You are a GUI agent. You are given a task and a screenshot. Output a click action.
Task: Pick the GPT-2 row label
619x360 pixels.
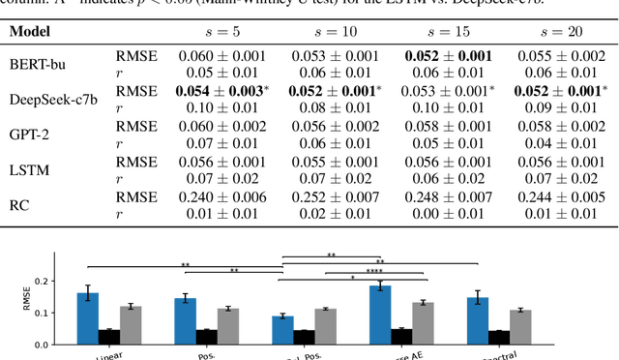[x=30, y=134]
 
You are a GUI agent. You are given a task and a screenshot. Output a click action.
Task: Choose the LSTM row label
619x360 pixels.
[x=29, y=168]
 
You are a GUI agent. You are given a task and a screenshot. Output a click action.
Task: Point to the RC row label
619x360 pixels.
[x=19, y=203]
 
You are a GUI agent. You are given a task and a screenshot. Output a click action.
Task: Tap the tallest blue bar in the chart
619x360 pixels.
[x=379, y=315]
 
